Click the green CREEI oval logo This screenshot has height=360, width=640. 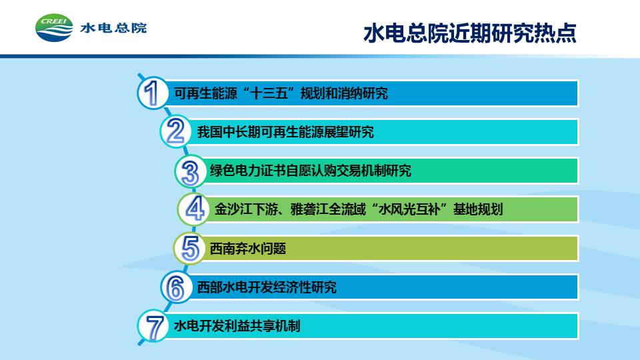click(x=54, y=28)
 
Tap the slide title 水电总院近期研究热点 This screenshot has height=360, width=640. click(x=470, y=33)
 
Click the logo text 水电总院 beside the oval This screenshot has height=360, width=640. click(x=113, y=28)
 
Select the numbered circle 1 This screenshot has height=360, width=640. click(x=153, y=93)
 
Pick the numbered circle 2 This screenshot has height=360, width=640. click(x=176, y=131)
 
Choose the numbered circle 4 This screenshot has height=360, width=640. click(x=194, y=209)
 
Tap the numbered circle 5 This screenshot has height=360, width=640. click(x=189, y=248)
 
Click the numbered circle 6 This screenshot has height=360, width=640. click(x=176, y=287)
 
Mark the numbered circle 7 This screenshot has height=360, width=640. click(x=153, y=326)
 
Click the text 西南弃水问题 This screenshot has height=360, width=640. click(x=248, y=249)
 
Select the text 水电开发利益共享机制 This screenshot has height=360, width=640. click(x=237, y=326)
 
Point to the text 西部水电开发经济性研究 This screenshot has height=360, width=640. click(x=267, y=287)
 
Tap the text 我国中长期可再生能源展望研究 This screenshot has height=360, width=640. click(x=285, y=132)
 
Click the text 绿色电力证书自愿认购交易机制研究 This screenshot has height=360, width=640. click(x=310, y=171)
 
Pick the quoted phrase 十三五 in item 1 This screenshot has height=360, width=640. click(x=269, y=93)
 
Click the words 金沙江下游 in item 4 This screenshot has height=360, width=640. click(x=246, y=209)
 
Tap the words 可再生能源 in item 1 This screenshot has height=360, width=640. click(x=205, y=93)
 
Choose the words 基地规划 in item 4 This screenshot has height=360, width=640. click(x=478, y=209)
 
